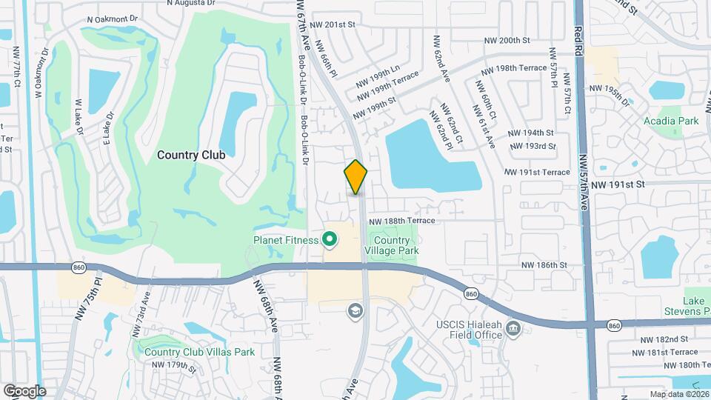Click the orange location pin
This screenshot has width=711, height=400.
pos(356,177)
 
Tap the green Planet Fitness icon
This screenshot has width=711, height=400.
pos(329,239)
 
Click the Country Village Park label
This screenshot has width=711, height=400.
pos(391,245)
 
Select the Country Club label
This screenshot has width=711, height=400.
pos(191,155)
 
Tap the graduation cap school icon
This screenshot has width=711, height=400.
pos(355,310)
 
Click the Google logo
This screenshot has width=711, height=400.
pos(24,390)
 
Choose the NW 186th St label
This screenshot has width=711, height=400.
pos(544,264)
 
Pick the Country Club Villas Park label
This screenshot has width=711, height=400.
pos(199,352)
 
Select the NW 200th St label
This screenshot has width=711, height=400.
pos(507,40)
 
